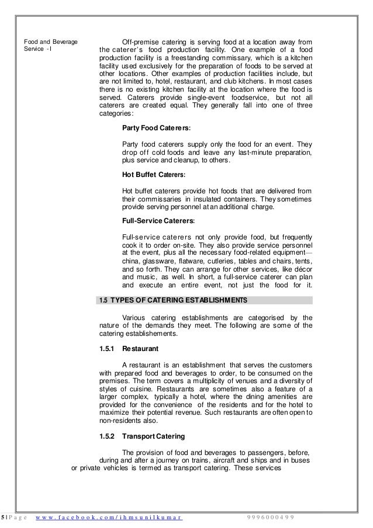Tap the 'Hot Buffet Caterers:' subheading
click(154, 174)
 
